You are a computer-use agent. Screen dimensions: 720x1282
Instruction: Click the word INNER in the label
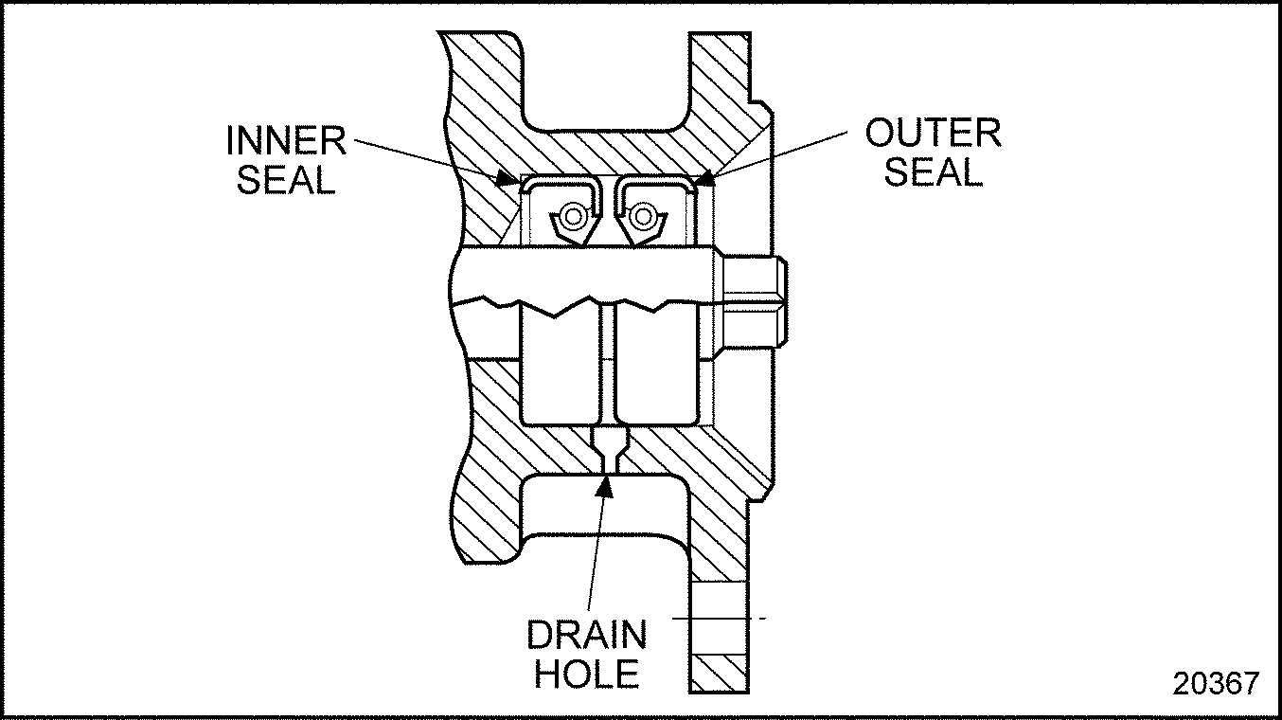[286, 141]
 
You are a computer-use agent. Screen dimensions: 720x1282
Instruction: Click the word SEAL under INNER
[286, 180]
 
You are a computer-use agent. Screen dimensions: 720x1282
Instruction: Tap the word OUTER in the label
[933, 134]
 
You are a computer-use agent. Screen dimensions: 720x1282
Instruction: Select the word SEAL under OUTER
[934, 172]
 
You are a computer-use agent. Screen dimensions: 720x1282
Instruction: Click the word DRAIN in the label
[587, 636]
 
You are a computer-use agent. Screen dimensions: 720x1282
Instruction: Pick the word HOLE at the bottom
[587, 675]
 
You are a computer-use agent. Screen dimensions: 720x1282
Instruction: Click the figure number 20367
[1217, 683]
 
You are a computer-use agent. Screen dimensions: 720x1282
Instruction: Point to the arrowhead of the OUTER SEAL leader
[702, 178]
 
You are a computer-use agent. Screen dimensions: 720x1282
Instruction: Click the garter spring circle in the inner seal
[571, 217]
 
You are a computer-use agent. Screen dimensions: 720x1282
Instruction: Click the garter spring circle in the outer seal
[644, 217]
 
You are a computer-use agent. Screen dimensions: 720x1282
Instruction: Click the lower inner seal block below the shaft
[560, 369]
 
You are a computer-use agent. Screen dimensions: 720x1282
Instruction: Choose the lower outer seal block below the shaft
[656, 369]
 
